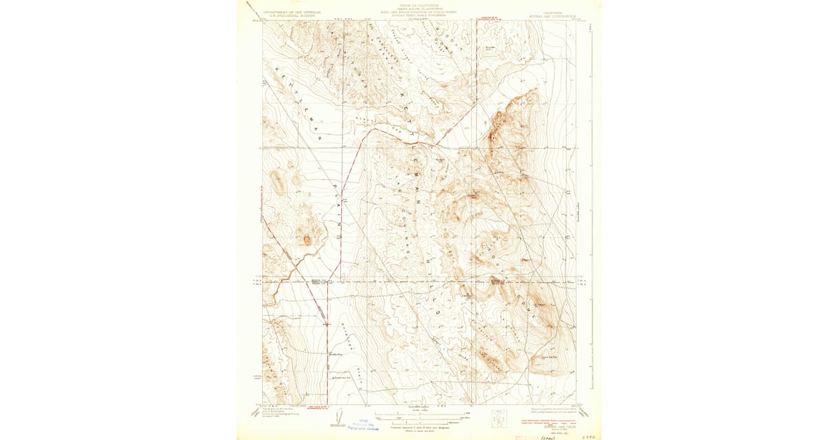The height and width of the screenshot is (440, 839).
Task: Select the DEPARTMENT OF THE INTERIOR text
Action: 292,12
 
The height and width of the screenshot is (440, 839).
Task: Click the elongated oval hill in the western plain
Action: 278,184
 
